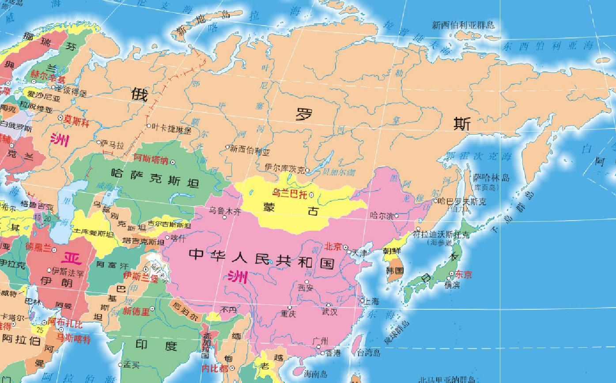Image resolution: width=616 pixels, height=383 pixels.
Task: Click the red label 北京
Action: click(x=333, y=247)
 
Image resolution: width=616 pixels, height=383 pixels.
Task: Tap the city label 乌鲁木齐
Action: click(x=225, y=211)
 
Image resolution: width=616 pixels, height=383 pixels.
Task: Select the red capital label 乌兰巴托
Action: click(x=289, y=193)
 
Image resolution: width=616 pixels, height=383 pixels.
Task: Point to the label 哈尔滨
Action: click(x=382, y=216)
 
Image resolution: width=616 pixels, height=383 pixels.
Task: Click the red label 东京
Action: click(x=463, y=274)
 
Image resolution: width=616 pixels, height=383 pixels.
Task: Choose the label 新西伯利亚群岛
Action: click(x=463, y=25)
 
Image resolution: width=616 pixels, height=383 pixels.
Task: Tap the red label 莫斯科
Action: click(x=76, y=120)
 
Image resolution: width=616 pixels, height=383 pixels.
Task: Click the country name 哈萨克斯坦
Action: click(x=155, y=178)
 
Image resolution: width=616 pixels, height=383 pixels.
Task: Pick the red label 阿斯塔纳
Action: click(x=151, y=159)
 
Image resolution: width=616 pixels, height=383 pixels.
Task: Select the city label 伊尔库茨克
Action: click(x=284, y=168)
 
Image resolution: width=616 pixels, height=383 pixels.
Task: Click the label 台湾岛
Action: click(x=368, y=353)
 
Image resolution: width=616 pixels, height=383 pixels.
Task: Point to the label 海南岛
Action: click(x=316, y=374)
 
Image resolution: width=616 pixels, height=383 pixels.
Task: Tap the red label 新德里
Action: click(x=136, y=311)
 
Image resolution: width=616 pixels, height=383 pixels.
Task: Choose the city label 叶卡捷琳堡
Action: click(x=171, y=128)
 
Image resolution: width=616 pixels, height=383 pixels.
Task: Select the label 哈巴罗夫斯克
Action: click(x=462, y=201)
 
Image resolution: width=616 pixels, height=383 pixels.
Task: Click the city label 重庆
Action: click(x=288, y=314)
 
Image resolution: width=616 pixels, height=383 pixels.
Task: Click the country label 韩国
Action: click(x=395, y=270)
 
